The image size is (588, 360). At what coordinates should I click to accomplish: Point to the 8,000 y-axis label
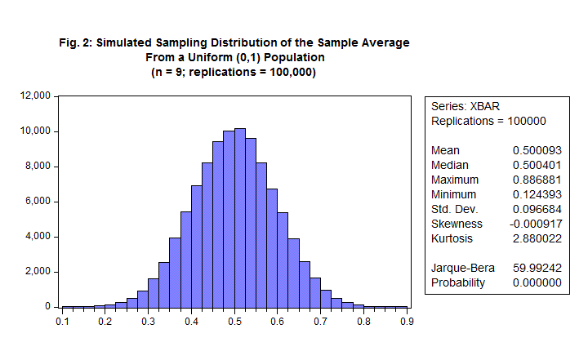pos(38,167)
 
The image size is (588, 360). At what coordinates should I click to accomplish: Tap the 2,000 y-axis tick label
pos(38,272)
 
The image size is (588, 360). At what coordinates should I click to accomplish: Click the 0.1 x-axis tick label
pos(63,322)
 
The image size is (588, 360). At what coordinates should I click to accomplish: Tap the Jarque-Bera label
pos(460,268)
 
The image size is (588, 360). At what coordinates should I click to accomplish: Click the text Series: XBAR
pos(465,106)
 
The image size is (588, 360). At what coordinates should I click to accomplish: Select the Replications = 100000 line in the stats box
pos(488,121)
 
